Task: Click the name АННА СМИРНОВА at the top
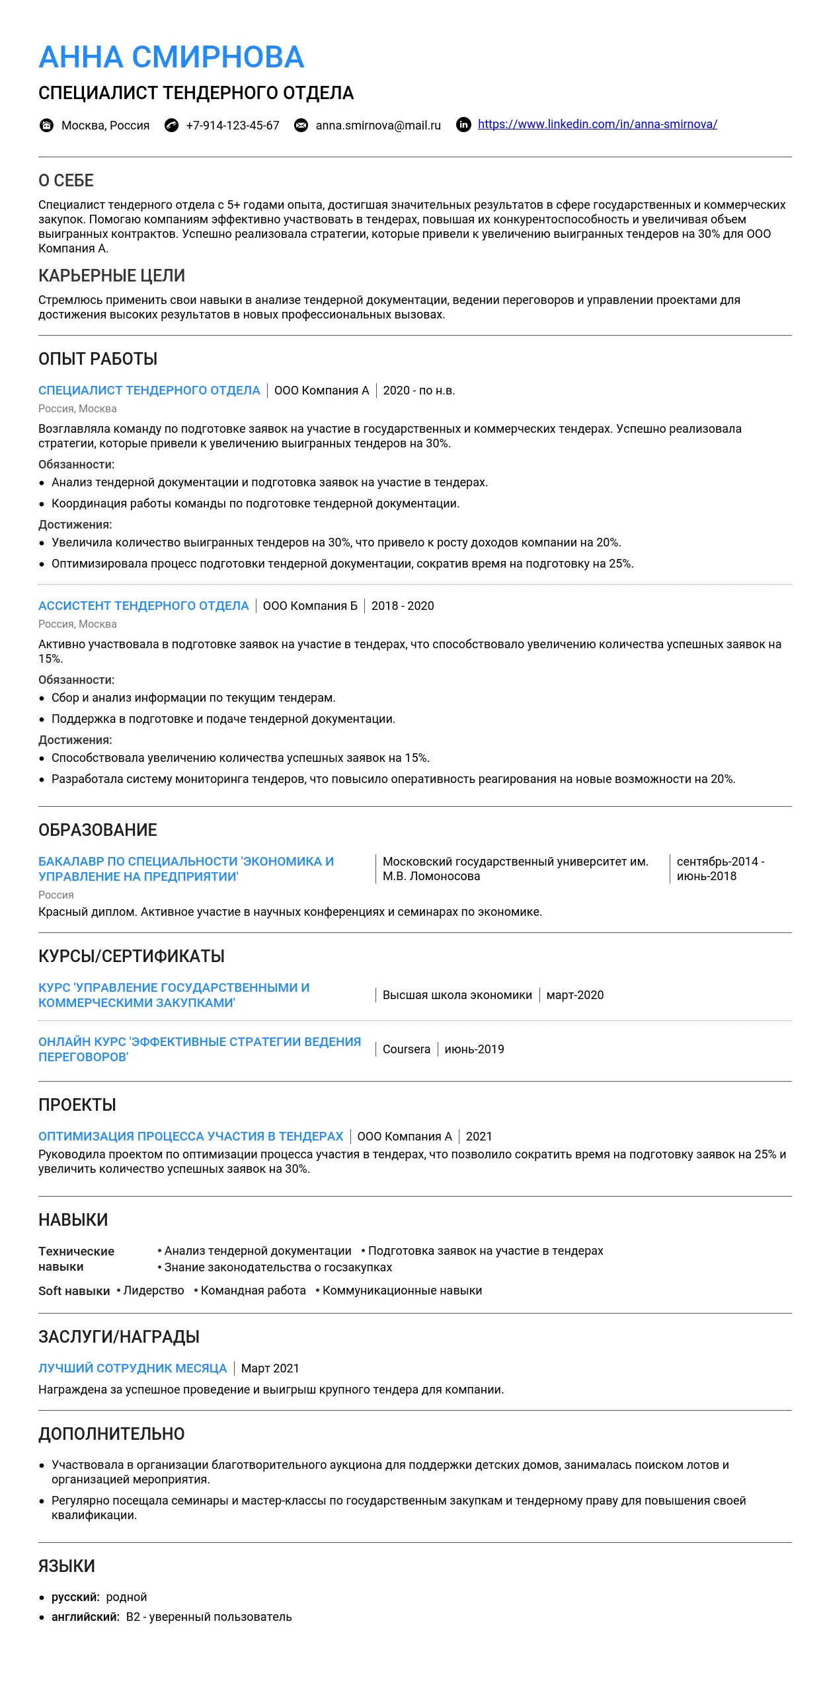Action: [171, 57]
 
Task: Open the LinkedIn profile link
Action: [597, 124]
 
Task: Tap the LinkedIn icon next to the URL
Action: [464, 125]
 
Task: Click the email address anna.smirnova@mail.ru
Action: [378, 126]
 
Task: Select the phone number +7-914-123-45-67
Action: [233, 126]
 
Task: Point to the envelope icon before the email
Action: [301, 126]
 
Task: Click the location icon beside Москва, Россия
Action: [46, 126]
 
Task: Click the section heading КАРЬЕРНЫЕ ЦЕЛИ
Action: [112, 276]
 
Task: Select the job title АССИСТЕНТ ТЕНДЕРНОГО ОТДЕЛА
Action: [143, 606]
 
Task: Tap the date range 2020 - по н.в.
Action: [419, 391]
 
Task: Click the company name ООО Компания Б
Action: [310, 606]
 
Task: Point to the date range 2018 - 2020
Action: [403, 606]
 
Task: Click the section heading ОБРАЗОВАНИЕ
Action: [98, 830]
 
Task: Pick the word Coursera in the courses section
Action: [407, 1049]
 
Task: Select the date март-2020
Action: [575, 995]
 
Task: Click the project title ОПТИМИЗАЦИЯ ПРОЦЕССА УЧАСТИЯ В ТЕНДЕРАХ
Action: [191, 1137]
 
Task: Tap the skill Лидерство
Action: [154, 1290]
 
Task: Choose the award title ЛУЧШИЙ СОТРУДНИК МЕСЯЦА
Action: [132, 1368]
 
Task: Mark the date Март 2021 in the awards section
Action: [270, 1368]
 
